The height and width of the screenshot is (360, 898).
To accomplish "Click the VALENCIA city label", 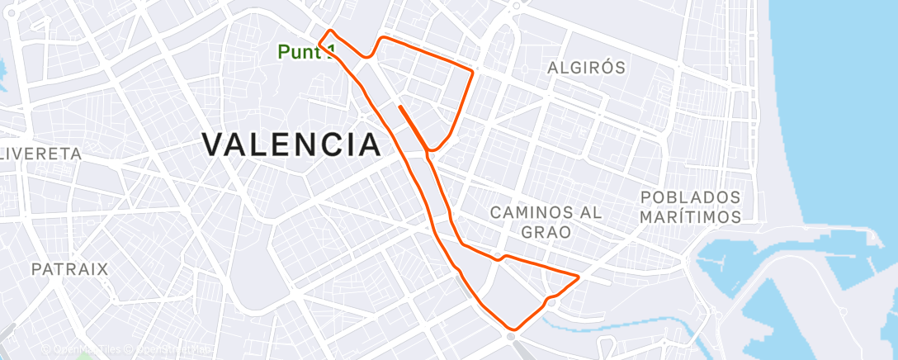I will click(291, 144).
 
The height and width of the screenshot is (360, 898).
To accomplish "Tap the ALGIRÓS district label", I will click(587, 68).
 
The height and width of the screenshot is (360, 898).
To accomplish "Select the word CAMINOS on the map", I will click(526, 212).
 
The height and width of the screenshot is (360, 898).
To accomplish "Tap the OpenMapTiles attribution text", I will click(83, 350).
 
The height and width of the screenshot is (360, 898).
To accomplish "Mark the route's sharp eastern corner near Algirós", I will click(472, 71).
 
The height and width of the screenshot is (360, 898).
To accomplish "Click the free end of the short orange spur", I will click(399, 107).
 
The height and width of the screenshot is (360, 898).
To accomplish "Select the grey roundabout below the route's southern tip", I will click(512, 337).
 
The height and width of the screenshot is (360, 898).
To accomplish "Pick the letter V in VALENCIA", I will click(213, 144).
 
